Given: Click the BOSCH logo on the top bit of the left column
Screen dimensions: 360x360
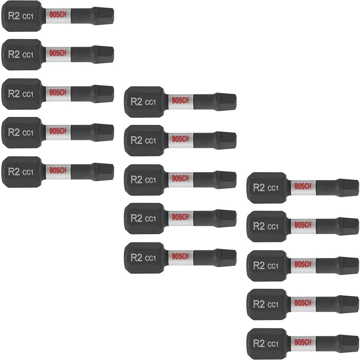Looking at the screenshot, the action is [58, 14].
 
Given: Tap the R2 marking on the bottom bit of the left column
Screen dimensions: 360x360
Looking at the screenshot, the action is [14, 171].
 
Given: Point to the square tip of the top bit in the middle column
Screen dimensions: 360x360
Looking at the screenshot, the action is [226, 102].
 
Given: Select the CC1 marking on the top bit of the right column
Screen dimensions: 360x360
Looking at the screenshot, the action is [273, 188].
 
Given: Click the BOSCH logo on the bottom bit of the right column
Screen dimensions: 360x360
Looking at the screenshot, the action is [303, 342].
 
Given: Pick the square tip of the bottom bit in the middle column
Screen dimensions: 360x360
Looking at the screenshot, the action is [226, 257].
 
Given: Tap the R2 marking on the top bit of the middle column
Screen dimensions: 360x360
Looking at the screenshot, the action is [136, 102].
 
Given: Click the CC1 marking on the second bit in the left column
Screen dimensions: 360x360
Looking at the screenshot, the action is [28, 55].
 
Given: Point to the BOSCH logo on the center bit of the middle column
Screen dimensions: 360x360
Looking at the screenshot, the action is [180, 178].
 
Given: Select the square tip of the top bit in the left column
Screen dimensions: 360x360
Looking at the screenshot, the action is [104, 15].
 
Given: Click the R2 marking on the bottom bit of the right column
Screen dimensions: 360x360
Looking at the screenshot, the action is [259, 343].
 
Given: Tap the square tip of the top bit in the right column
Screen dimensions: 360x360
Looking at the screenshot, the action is [349, 188].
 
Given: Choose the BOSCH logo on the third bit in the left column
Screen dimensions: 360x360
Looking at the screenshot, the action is [58, 92].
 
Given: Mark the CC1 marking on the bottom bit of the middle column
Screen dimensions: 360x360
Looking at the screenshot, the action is [150, 258].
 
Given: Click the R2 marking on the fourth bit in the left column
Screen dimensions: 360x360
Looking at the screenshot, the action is [14, 132].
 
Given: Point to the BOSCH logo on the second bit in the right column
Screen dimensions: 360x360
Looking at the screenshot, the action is [303, 225].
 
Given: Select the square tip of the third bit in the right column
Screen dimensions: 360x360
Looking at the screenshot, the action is [349, 265].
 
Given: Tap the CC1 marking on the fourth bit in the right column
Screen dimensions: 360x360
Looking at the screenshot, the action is [273, 305].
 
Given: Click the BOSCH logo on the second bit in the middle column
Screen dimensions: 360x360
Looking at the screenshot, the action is [180, 139].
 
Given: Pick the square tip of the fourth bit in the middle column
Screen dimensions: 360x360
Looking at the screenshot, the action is [226, 218].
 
